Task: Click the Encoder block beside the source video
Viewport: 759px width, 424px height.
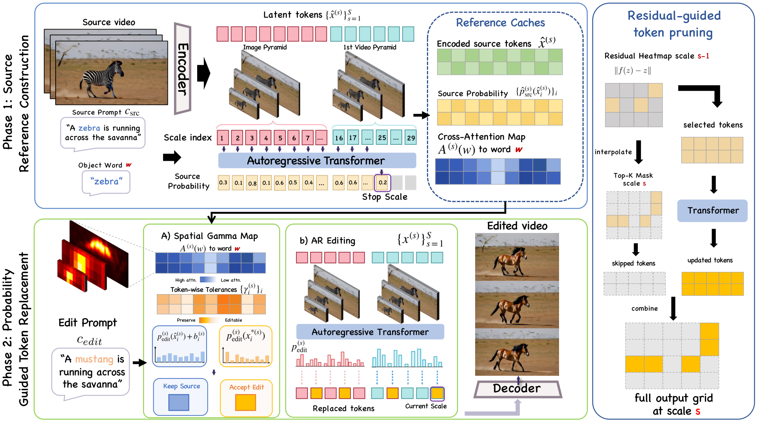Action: (183, 69)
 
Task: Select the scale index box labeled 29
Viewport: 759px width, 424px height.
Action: (410, 138)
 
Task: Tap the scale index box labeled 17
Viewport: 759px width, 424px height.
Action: (353, 138)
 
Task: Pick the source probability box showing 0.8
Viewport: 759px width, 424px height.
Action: (252, 183)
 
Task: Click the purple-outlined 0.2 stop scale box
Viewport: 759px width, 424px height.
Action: (383, 182)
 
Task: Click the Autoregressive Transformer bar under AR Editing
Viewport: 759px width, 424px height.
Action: (370, 332)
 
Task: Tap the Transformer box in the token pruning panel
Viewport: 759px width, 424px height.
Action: (712, 211)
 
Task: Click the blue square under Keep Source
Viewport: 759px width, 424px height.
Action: (179, 402)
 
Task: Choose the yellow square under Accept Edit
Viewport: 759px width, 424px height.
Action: (246, 402)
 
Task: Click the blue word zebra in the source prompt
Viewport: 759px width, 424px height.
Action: (89, 128)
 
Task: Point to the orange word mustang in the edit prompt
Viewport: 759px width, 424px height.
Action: (94, 359)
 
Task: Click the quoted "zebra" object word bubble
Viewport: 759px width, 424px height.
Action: (106, 182)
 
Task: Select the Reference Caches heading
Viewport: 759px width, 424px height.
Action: (500, 23)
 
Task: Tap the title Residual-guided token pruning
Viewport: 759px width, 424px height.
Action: (674, 24)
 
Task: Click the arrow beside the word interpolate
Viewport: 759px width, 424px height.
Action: (639, 152)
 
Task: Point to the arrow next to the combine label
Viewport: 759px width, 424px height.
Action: (673, 309)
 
